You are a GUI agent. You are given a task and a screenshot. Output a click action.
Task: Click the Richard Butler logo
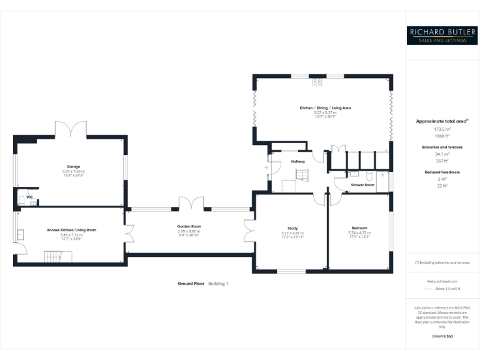[x=442, y=34]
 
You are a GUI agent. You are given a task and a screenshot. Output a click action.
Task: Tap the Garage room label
[x=73, y=167]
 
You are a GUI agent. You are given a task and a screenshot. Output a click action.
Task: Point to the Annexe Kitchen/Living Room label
[x=71, y=230]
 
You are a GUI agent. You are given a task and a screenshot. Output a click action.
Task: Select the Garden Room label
[x=189, y=226]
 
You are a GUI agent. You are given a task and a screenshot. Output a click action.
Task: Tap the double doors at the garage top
[x=71, y=130]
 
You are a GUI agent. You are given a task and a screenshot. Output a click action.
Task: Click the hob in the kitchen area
[x=317, y=82]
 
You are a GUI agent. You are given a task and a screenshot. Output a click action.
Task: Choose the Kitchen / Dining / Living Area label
[x=325, y=108]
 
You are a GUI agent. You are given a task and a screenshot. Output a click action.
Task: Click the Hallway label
[x=297, y=162]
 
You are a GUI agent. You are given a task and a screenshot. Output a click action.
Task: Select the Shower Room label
[x=362, y=185]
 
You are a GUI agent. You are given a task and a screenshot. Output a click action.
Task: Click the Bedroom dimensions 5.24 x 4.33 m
[x=359, y=233]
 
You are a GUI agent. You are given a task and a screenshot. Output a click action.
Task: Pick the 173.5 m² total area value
[x=442, y=129]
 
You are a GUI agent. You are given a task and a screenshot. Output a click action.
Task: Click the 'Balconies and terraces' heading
[x=442, y=147]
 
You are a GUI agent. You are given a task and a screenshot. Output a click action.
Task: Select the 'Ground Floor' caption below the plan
[x=191, y=284]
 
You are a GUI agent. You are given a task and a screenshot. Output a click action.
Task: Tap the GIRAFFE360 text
[x=442, y=337]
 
